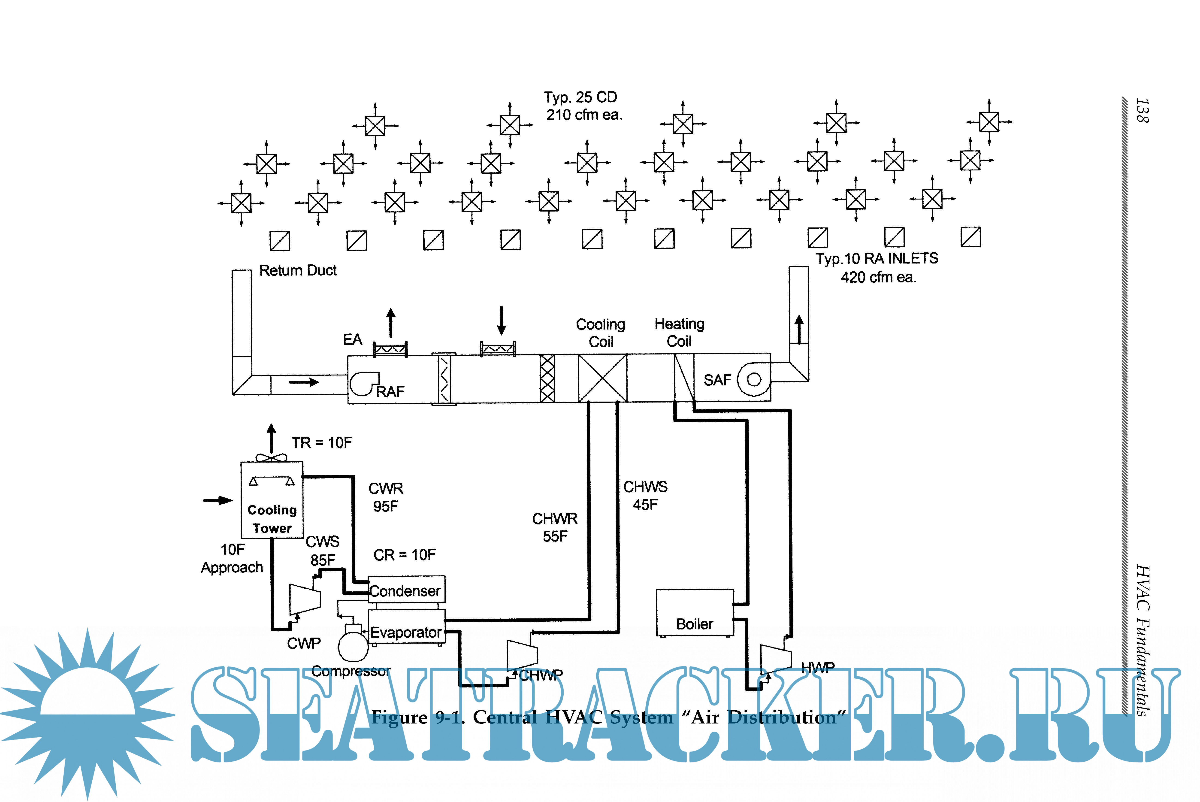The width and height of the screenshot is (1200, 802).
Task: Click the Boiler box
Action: (694, 613)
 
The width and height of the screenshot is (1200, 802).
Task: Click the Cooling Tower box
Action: (272, 500)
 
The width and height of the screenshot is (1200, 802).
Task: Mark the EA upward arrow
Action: (391, 322)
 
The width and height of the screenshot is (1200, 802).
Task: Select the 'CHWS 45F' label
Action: (645, 495)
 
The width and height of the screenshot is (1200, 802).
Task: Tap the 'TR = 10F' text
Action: (322, 442)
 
